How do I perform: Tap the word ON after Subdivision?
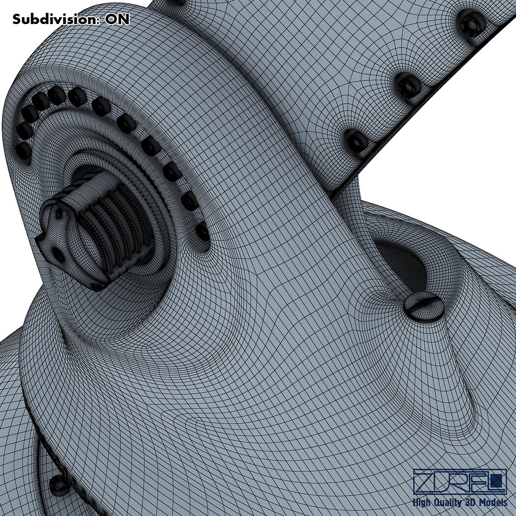pyautogui.click(x=117, y=19)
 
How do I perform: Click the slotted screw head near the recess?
pyautogui.click(x=423, y=306)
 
